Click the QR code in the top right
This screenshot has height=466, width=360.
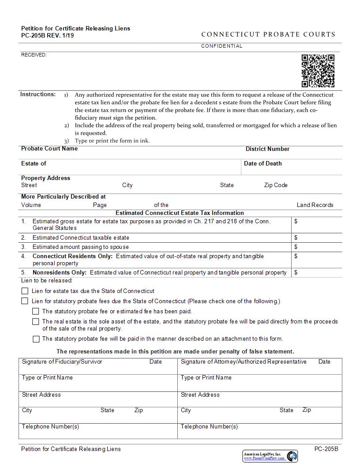click(318, 71)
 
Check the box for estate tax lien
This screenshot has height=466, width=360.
click(25, 291)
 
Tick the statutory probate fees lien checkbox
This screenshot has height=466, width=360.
click(25, 301)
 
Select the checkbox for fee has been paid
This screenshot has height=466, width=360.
click(36, 312)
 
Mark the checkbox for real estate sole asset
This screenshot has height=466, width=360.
click(36, 322)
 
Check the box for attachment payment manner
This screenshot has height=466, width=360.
click(36, 339)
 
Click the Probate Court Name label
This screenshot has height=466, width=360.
click(49, 149)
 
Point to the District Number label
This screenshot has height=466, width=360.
click(267, 149)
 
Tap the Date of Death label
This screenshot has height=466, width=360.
click(262, 164)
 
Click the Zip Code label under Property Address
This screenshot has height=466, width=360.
click(276, 185)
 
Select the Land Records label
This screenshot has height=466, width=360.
click(315, 205)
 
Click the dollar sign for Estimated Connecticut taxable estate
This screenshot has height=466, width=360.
click(296, 238)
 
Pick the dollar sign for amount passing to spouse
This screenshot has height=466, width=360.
click(296, 247)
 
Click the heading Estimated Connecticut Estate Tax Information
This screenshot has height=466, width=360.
click(180, 213)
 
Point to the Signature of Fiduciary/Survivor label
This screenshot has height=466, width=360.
click(62, 362)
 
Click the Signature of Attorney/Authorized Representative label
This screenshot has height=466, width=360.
click(244, 362)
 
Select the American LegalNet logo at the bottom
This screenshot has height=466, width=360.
click(270, 456)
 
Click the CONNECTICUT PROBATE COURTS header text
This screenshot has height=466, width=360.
click(268, 34)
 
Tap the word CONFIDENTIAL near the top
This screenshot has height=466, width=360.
click(221, 46)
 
